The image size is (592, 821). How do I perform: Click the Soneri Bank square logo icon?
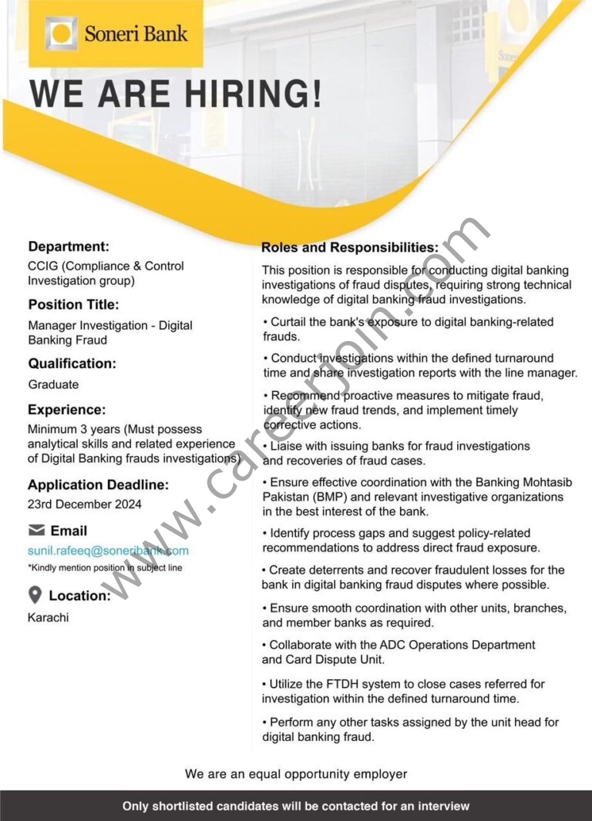(x=61, y=34)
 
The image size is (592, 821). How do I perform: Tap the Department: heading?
(x=69, y=246)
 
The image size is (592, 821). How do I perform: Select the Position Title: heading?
(x=73, y=304)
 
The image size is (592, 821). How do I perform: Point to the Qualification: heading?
(x=72, y=363)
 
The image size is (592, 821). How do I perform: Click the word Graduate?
(x=53, y=384)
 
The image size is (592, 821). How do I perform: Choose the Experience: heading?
(x=67, y=410)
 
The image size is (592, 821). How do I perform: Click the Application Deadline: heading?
(x=98, y=484)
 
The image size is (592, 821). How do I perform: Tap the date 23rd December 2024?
(x=85, y=504)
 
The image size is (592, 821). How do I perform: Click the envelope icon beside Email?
(x=36, y=530)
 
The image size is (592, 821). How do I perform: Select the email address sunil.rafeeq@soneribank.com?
(x=108, y=551)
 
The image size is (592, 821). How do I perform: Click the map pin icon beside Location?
(x=35, y=595)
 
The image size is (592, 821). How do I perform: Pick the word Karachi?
(x=48, y=617)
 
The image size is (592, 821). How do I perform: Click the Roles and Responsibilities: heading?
(x=349, y=247)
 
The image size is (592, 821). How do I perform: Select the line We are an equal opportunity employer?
(x=296, y=774)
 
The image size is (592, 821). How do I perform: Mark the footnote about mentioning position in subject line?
(x=105, y=568)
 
